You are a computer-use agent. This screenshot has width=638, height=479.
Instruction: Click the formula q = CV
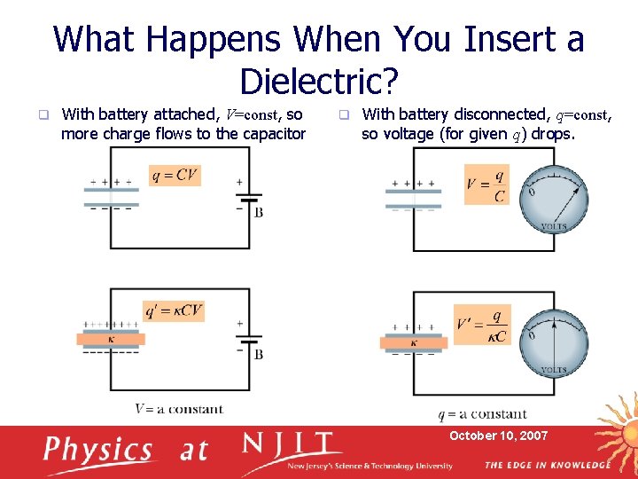[175, 176]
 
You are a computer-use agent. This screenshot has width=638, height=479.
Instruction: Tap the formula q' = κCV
[174, 310]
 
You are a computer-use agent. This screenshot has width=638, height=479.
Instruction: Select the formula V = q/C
[486, 185]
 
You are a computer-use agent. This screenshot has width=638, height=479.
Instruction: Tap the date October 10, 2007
[498, 436]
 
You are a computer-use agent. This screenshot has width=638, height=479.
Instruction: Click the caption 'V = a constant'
[179, 409]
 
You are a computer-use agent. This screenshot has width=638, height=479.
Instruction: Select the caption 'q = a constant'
[482, 414]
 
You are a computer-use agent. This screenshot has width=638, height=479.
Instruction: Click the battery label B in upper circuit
[258, 213]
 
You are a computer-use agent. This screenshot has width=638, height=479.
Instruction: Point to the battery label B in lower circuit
[258, 354]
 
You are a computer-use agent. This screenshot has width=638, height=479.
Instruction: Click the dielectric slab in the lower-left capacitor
[111, 339]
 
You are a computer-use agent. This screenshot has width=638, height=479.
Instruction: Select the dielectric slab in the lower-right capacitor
[413, 342]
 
